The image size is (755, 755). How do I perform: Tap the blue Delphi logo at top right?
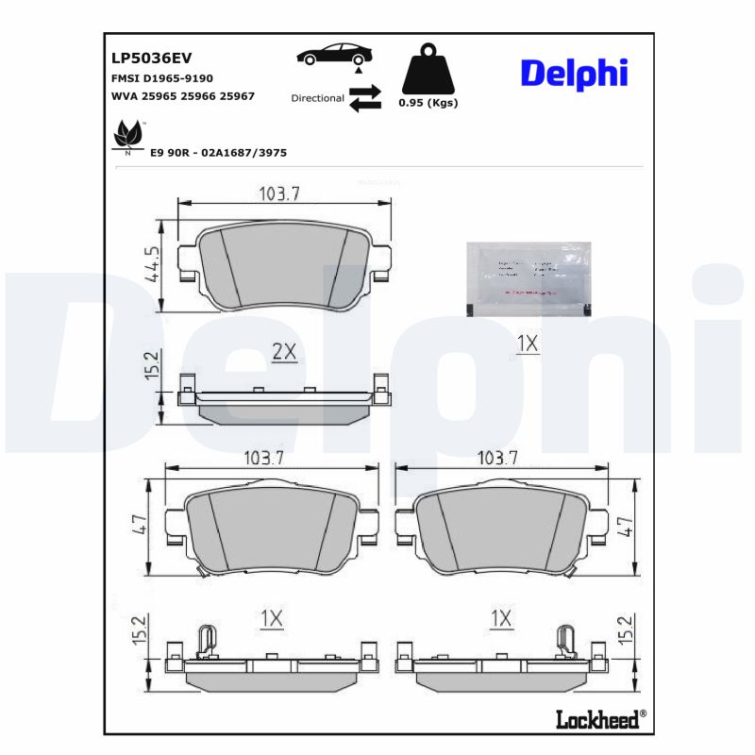coord(574,73)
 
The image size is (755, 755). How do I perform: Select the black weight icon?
coord(428,69)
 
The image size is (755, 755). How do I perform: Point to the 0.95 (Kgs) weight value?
coord(428,103)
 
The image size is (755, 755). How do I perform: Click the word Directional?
coord(317,98)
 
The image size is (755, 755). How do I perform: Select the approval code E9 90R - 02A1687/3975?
coord(218,152)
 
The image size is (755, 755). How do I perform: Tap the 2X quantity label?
coord(284,352)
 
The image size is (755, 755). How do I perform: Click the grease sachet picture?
coord(530,277)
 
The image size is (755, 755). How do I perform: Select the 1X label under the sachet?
coord(527,344)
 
